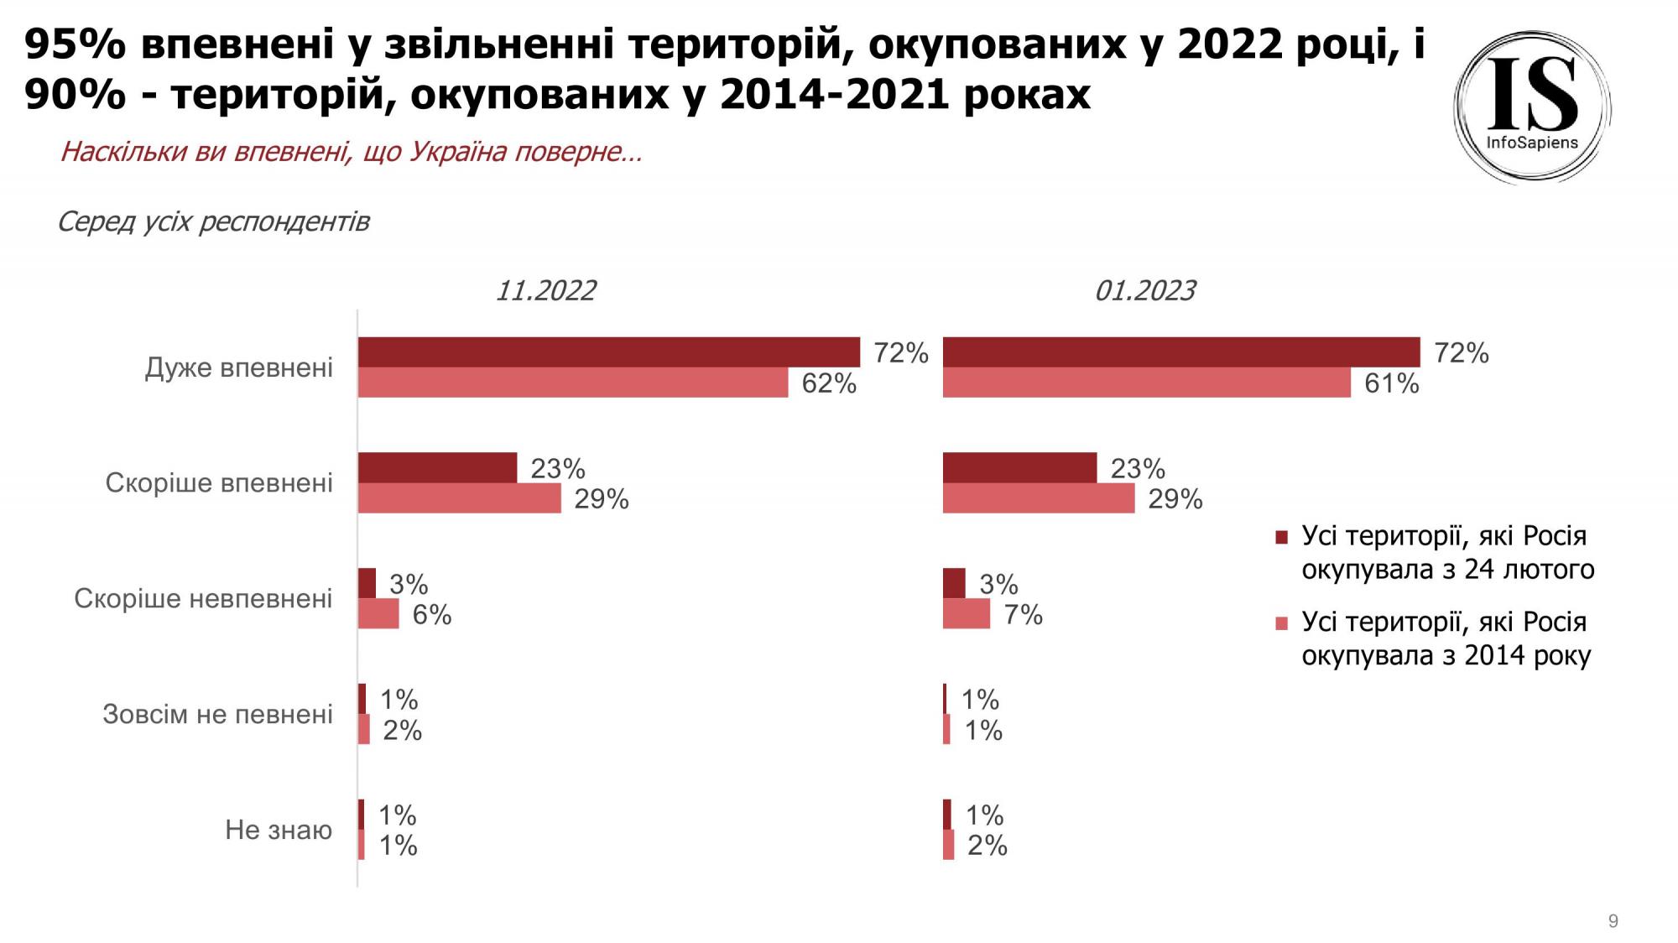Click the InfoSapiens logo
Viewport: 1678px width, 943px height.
click(x=1532, y=107)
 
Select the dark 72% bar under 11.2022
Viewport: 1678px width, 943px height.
click(x=608, y=352)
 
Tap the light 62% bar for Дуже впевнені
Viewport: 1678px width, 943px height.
click(x=572, y=383)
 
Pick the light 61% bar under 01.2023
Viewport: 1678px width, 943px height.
click(x=1146, y=383)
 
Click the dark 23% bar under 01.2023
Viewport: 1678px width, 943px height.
click(x=1019, y=468)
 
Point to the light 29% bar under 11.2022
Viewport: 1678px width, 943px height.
click(x=459, y=498)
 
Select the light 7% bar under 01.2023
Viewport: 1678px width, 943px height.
click(x=966, y=614)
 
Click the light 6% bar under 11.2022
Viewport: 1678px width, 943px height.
click(x=378, y=614)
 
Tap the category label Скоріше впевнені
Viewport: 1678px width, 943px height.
click(x=219, y=483)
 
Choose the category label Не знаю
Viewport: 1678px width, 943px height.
click(x=279, y=830)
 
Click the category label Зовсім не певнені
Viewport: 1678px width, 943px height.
click(x=217, y=714)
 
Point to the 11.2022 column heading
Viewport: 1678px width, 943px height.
click(x=545, y=290)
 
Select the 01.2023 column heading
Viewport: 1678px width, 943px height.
click(x=1144, y=290)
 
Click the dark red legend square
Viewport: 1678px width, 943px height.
click(x=1281, y=537)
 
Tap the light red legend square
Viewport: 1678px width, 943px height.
click(x=1281, y=623)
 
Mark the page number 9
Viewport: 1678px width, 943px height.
click(x=1613, y=921)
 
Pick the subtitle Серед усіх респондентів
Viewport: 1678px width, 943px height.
click(x=213, y=222)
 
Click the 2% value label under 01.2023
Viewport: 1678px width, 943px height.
click(x=987, y=846)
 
